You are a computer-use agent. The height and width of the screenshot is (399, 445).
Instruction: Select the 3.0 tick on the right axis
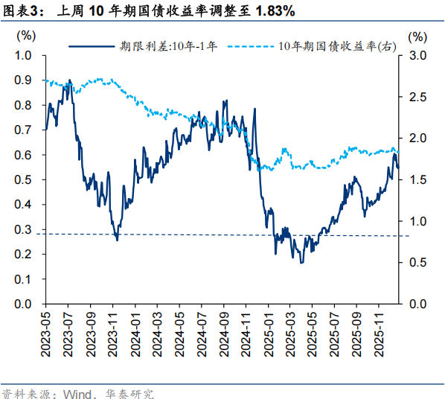(418, 56)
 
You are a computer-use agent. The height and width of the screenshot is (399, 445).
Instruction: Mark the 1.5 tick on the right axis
(418, 180)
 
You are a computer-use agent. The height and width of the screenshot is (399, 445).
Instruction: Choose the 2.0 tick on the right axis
(418, 138)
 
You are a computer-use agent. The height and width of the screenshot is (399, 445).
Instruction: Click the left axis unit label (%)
(25, 35)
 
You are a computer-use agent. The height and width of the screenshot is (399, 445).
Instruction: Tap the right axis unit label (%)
(418, 35)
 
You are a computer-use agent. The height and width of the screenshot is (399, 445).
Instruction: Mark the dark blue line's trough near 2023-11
(117, 239)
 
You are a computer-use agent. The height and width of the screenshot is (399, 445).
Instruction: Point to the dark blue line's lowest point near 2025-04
(301, 263)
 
